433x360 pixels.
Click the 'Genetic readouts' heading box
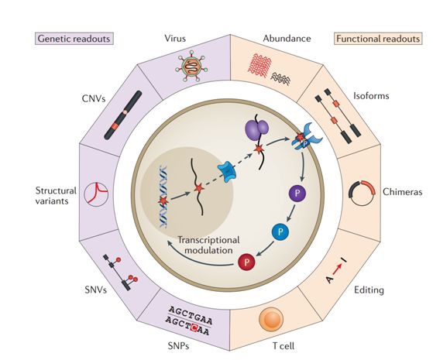pos(74,39)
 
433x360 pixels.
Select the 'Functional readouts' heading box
pos(378,39)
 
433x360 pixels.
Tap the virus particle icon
pos(191,66)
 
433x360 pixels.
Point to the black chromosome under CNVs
pos(123,115)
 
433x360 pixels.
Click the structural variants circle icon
pos(96,194)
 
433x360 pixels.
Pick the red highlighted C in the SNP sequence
pos(194,327)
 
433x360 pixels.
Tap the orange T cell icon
pos(271,320)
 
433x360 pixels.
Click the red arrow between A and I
pos(337,269)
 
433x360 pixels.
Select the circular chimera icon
pos(362,193)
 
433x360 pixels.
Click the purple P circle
pos(297,193)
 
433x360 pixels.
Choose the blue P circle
pos(280,231)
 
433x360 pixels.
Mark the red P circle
pos(246,262)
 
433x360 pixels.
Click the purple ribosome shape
pos(257,128)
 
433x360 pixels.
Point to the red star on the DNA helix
pos(163,201)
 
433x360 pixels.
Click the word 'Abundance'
pos(287,39)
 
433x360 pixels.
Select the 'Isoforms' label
pos(371,96)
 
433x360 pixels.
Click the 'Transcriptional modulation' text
pos(208,245)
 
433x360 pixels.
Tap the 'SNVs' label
pos(95,290)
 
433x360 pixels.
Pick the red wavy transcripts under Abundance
pos(259,66)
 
